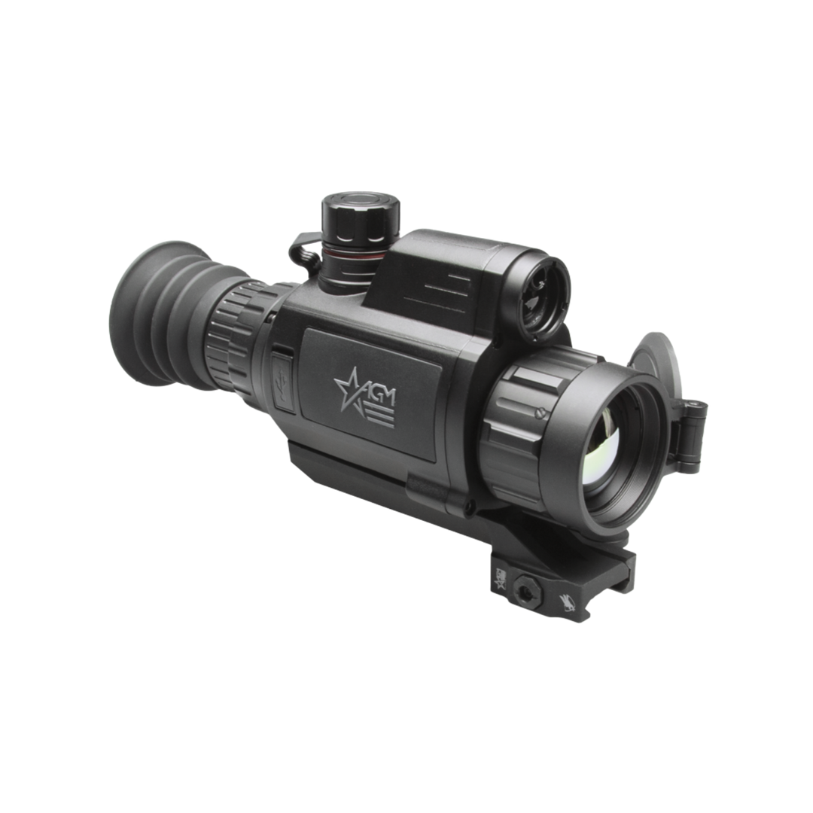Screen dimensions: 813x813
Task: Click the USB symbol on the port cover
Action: (282, 382)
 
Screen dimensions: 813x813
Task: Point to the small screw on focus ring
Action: (540, 412)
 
